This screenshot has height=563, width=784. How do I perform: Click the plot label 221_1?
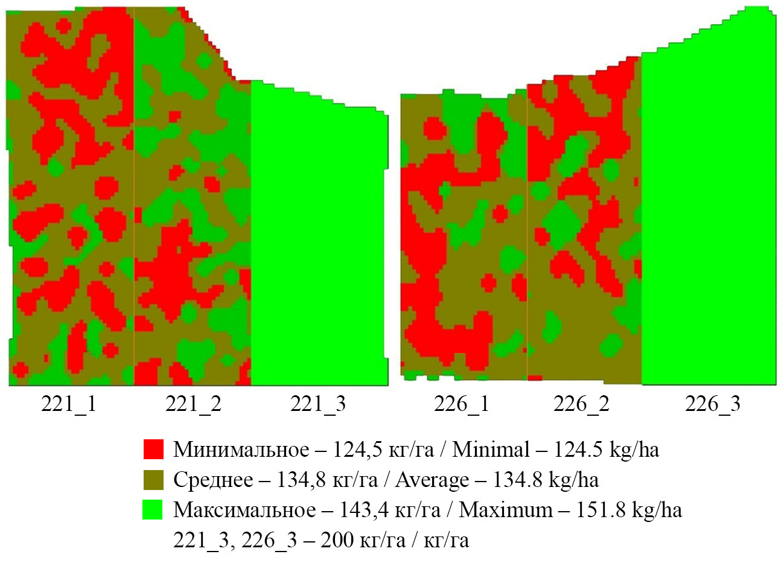point(68,404)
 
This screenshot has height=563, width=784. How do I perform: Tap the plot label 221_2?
point(193,404)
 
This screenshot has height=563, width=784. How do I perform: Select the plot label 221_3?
point(318,404)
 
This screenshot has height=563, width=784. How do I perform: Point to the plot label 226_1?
point(462,404)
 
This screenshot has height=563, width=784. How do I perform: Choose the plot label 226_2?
point(581,404)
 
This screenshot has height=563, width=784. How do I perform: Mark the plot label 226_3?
point(712,404)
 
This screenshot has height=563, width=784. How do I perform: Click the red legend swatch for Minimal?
point(153,450)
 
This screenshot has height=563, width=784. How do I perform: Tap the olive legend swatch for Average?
point(153,480)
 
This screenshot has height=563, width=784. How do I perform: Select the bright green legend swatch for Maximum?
point(153,510)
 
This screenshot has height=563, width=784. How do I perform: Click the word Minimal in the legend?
point(491,450)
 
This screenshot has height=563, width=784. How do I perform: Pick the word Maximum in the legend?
point(506,510)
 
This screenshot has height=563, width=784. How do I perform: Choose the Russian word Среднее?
point(213,480)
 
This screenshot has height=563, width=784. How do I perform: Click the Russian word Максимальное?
point(244,510)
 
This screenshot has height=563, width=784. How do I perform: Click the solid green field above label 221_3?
point(317,241)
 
